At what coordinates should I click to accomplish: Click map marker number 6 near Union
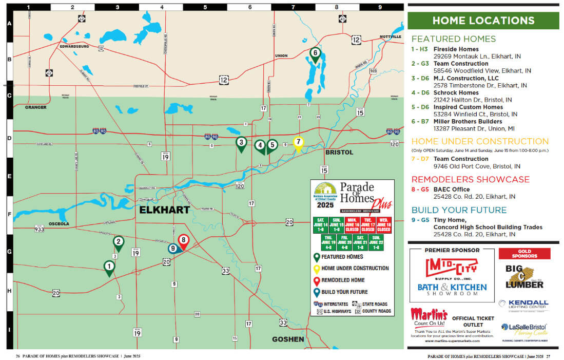point(316,54)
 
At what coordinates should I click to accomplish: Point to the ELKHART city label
point(164,210)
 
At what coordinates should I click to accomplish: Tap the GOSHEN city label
point(288,339)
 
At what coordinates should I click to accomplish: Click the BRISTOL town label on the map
point(339,153)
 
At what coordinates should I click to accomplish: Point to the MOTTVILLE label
point(391,37)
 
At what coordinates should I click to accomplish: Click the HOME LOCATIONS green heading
point(483,21)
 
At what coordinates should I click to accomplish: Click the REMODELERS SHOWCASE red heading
point(470,179)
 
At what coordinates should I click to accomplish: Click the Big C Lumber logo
point(524,277)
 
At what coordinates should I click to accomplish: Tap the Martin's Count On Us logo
point(429,317)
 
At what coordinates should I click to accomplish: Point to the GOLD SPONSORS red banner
point(524,254)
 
